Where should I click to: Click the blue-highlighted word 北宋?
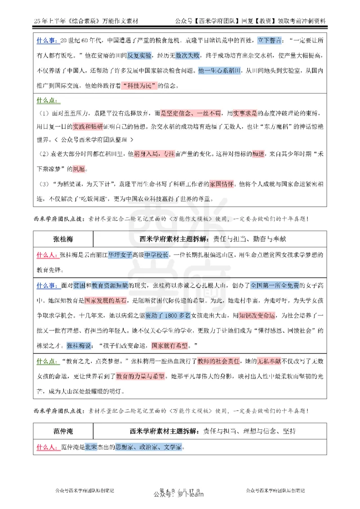[91, 447]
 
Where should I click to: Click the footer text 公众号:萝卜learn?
[179, 494]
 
